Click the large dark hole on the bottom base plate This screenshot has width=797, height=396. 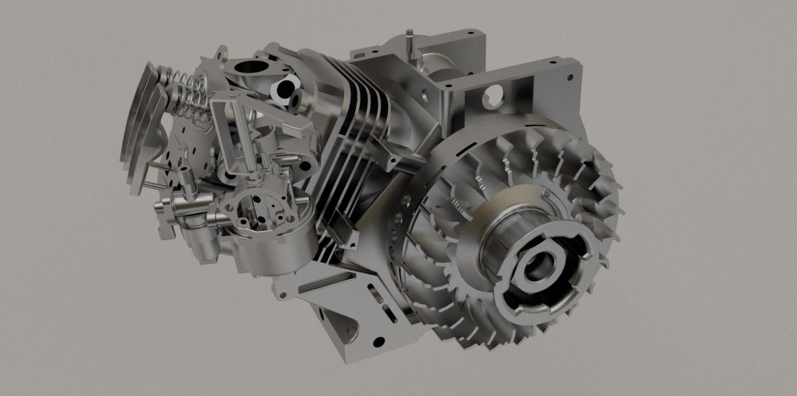(380, 341)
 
